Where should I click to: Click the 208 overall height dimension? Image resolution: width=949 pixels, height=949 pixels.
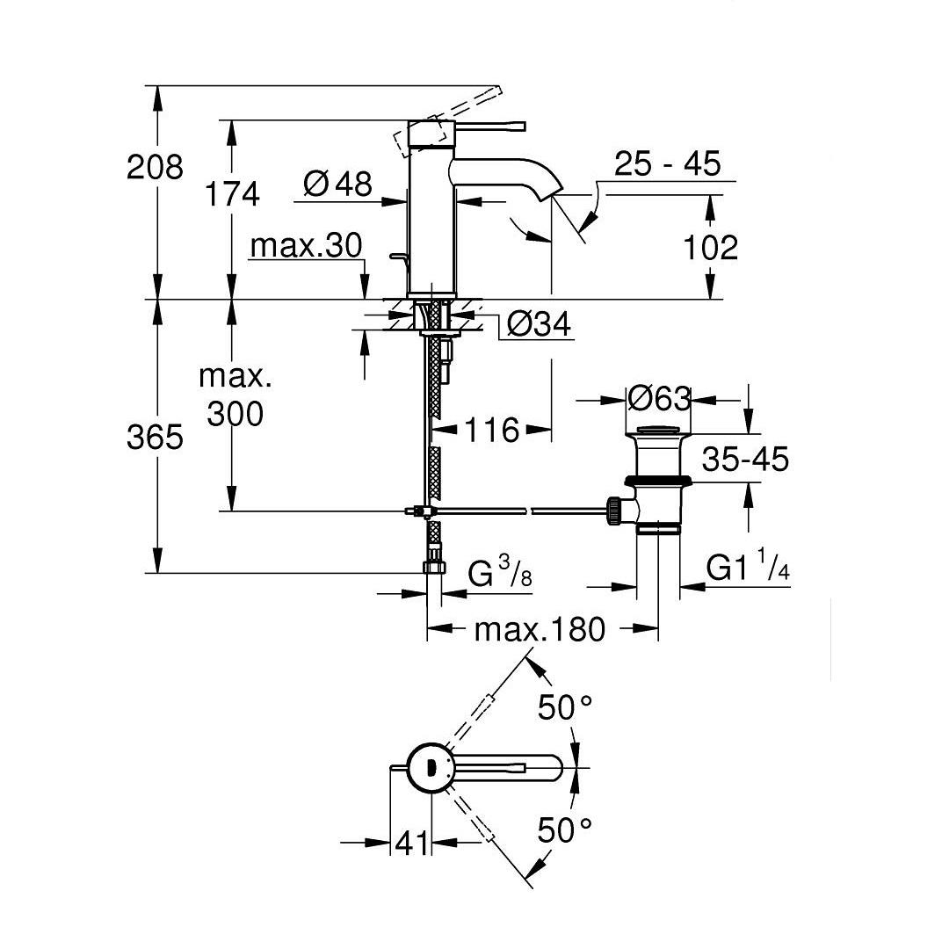156,166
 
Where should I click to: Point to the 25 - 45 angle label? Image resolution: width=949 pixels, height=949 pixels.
667,163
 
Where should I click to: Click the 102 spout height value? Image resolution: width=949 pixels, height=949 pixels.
710,248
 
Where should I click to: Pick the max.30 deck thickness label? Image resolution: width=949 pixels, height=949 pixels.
306,246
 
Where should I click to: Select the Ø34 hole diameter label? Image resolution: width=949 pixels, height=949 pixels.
539,324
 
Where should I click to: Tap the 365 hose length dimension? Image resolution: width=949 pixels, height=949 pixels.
156,437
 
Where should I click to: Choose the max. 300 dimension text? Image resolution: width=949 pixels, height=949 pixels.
235,395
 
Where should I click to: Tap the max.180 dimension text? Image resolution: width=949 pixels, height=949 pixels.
540,629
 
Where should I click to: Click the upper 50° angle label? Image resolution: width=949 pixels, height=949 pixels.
565,706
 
